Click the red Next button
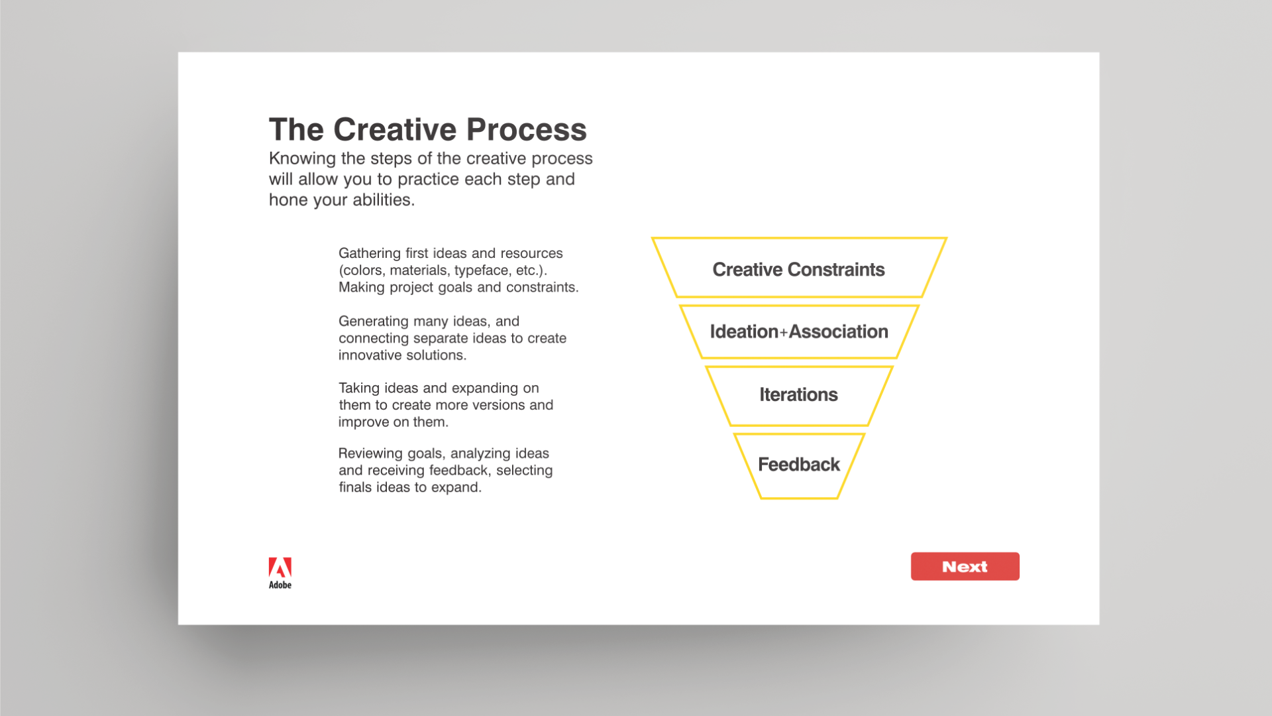pos(965,566)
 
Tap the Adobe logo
pos(280,573)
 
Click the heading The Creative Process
pos(428,129)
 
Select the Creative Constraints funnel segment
pos(799,268)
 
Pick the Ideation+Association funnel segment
pos(799,331)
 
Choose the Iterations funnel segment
pos(799,395)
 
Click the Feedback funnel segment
pos(799,465)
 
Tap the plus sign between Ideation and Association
pos(783,332)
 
